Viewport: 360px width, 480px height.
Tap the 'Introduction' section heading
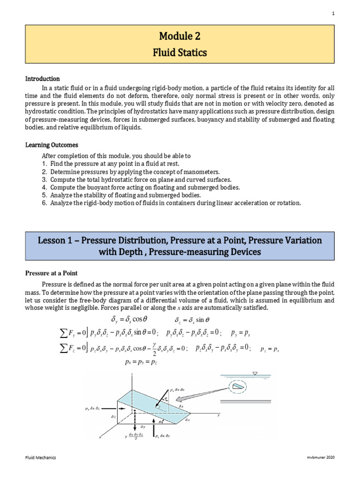43,79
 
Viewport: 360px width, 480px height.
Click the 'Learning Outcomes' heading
52,145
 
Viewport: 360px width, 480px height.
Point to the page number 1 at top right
333,14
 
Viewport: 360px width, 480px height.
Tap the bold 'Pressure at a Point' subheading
52,273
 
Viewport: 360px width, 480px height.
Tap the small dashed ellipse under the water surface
238,387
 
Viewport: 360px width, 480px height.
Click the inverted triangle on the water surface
254,374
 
